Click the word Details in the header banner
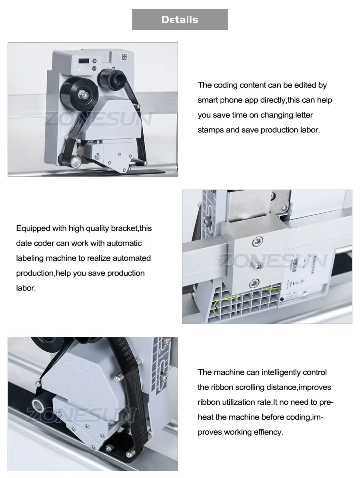pos(180,20)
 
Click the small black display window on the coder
pos(83,61)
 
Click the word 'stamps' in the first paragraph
pos(210,130)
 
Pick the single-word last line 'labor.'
pos(26,288)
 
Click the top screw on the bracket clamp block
pos(256,241)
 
